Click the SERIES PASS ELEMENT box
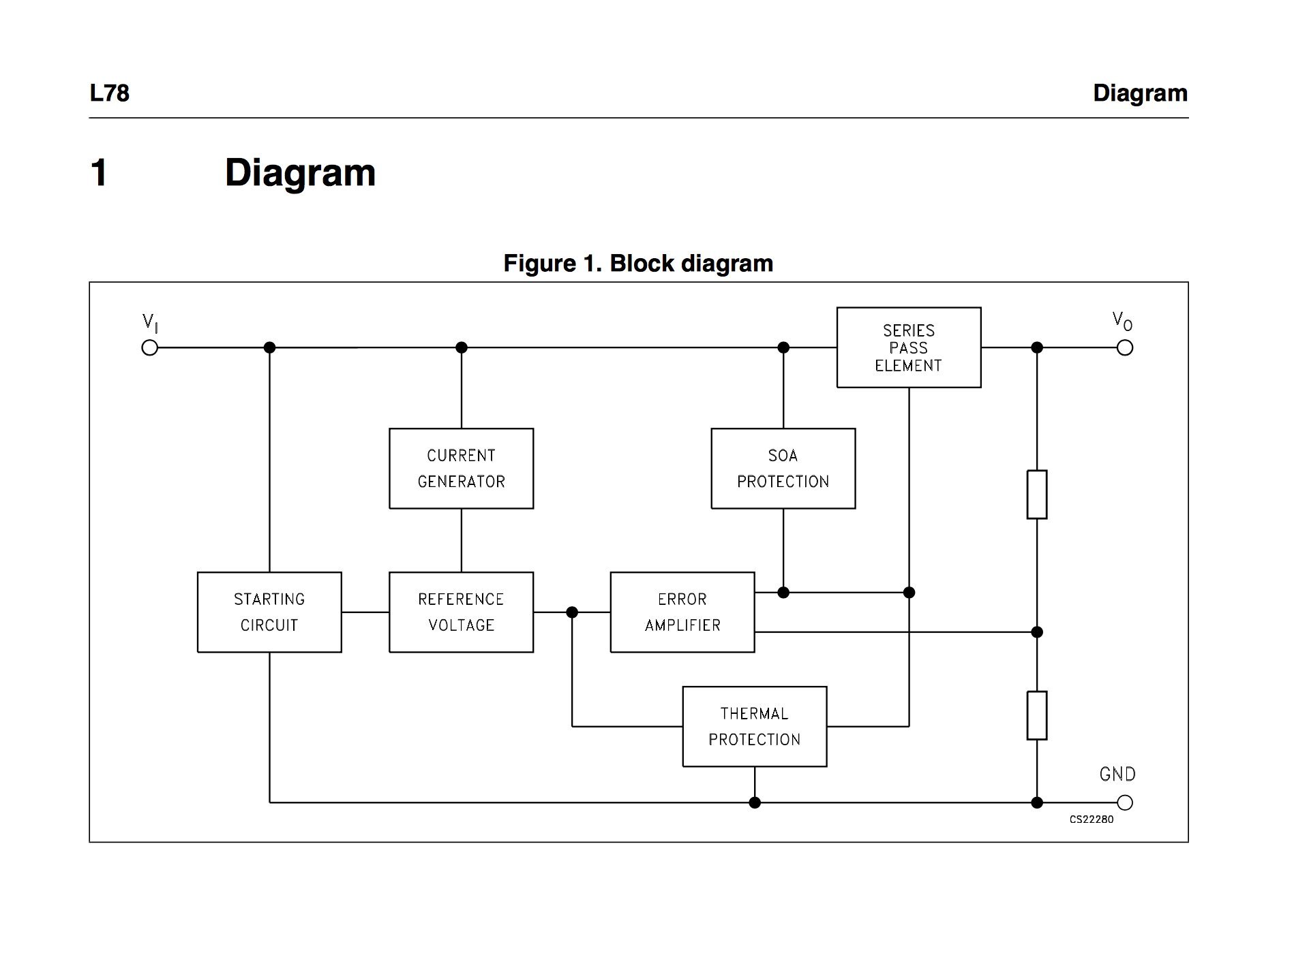[x=908, y=347]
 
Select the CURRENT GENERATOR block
[x=461, y=469]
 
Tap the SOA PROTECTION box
[x=783, y=469]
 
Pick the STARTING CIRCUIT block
[x=269, y=612]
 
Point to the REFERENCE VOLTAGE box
[x=461, y=612]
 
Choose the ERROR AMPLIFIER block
[x=682, y=612]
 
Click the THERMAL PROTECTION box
[x=754, y=726]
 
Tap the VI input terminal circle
[x=149, y=348]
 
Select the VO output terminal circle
[x=1125, y=348]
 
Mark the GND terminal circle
[x=1125, y=802]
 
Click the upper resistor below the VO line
[x=1036, y=495]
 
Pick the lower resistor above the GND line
[x=1036, y=716]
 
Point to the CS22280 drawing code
[x=1091, y=819]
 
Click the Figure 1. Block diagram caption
[x=638, y=264]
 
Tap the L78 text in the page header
[x=109, y=93]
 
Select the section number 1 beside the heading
[x=99, y=172]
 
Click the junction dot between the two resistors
[x=1037, y=632]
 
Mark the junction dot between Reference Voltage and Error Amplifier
[x=572, y=612]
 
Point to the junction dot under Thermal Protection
[x=755, y=802]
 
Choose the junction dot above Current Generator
[x=462, y=347]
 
